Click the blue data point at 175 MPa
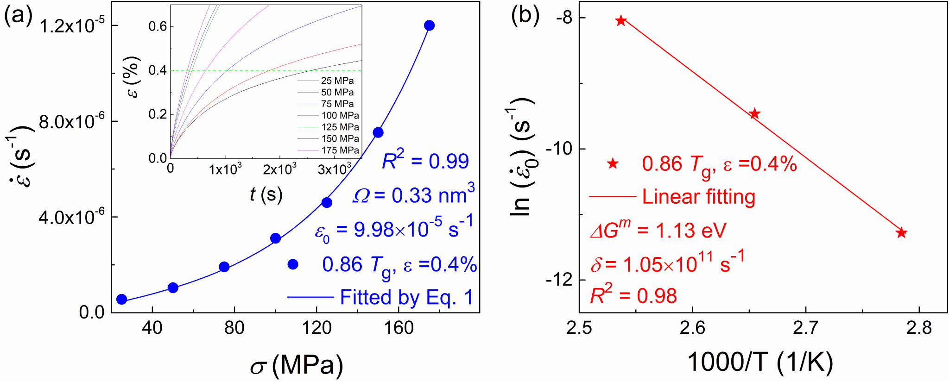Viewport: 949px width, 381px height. (429, 25)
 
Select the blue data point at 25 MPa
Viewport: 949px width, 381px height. (121, 300)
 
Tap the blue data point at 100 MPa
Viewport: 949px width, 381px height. (275, 238)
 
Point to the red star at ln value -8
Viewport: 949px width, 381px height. (621, 20)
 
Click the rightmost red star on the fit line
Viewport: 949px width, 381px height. (901, 233)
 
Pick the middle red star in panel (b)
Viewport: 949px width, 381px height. (755, 113)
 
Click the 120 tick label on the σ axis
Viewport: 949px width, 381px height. (316, 328)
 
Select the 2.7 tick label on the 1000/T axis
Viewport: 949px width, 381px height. (806, 328)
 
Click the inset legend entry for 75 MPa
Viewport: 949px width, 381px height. (337, 104)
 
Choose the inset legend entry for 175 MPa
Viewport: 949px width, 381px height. (340, 150)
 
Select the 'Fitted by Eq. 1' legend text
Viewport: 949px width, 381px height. (406, 297)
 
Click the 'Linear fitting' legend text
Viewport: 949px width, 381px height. (698, 197)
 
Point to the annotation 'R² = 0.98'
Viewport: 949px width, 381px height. (633, 295)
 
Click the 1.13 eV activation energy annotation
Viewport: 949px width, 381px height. (658, 230)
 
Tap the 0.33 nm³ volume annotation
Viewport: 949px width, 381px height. (413, 195)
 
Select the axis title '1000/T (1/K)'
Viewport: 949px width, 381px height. (759, 362)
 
